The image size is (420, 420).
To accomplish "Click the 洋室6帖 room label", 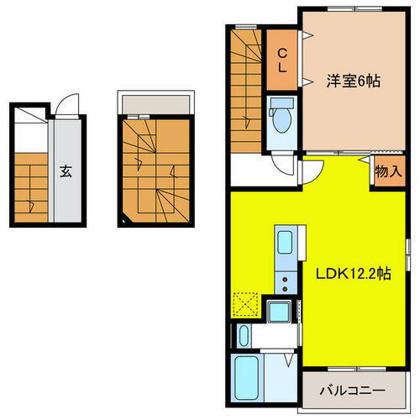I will coord(353,81).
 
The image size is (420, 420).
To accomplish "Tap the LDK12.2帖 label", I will coord(353,274).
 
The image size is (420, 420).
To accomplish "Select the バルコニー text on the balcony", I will coord(353,391).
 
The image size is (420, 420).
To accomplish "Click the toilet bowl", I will coord(281,118).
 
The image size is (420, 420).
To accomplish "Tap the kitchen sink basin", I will coord(283,246).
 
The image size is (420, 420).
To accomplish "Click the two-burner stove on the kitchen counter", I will coord(286,282).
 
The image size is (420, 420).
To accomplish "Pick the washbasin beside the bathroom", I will coord(243,337).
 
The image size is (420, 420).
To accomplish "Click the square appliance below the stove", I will coord(278,312).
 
